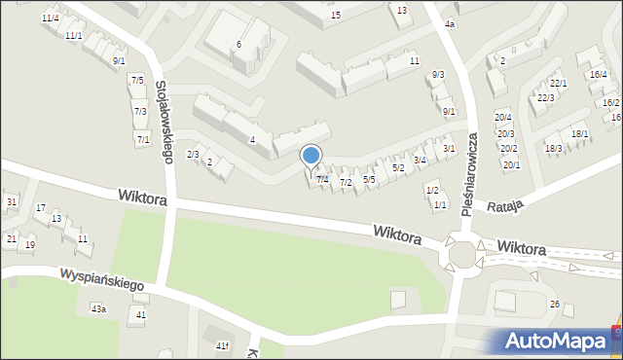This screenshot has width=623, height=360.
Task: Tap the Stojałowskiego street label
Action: point(165,121)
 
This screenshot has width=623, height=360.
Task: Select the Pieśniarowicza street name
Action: point(471,174)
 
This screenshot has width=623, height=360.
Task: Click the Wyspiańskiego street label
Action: point(101,280)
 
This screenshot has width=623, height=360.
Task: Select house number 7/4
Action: point(322,179)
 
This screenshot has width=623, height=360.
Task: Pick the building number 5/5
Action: point(369,179)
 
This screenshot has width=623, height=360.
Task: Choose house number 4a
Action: point(449,23)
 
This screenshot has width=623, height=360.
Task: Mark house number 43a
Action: point(98,308)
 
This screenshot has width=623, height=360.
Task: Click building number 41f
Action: point(222,345)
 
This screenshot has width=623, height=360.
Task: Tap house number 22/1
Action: point(558,84)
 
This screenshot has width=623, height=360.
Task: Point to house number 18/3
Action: point(553,148)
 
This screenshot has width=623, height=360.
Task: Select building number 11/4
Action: point(51,18)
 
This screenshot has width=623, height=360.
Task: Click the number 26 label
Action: point(554,305)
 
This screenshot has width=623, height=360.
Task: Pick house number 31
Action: point(12,201)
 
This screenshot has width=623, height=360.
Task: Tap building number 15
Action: point(336,15)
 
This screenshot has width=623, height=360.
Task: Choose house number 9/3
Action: point(438,74)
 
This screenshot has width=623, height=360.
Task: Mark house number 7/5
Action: point(137,80)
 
